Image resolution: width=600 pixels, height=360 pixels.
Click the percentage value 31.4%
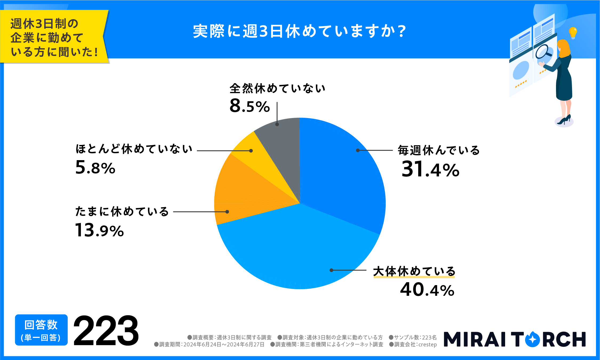(430, 169)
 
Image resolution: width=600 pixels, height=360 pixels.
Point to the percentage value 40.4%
(427, 290)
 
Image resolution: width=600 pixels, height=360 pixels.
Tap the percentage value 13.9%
(99, 230)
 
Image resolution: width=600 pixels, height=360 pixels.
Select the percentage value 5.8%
(95, 168)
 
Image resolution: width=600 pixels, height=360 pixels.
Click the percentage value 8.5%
(249, 106)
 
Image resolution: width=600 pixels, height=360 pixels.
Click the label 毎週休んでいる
(439, 150)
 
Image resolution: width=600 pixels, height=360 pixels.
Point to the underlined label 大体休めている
(414, 271)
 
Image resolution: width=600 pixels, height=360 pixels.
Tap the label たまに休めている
(122, 212)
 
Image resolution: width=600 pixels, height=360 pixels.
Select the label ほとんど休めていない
(134, 149)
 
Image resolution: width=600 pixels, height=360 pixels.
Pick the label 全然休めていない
(277, 88)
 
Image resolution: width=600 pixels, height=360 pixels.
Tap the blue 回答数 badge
(41, 330)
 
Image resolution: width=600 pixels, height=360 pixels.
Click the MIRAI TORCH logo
(514, 339)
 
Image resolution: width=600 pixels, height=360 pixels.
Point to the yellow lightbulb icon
(573, 33)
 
